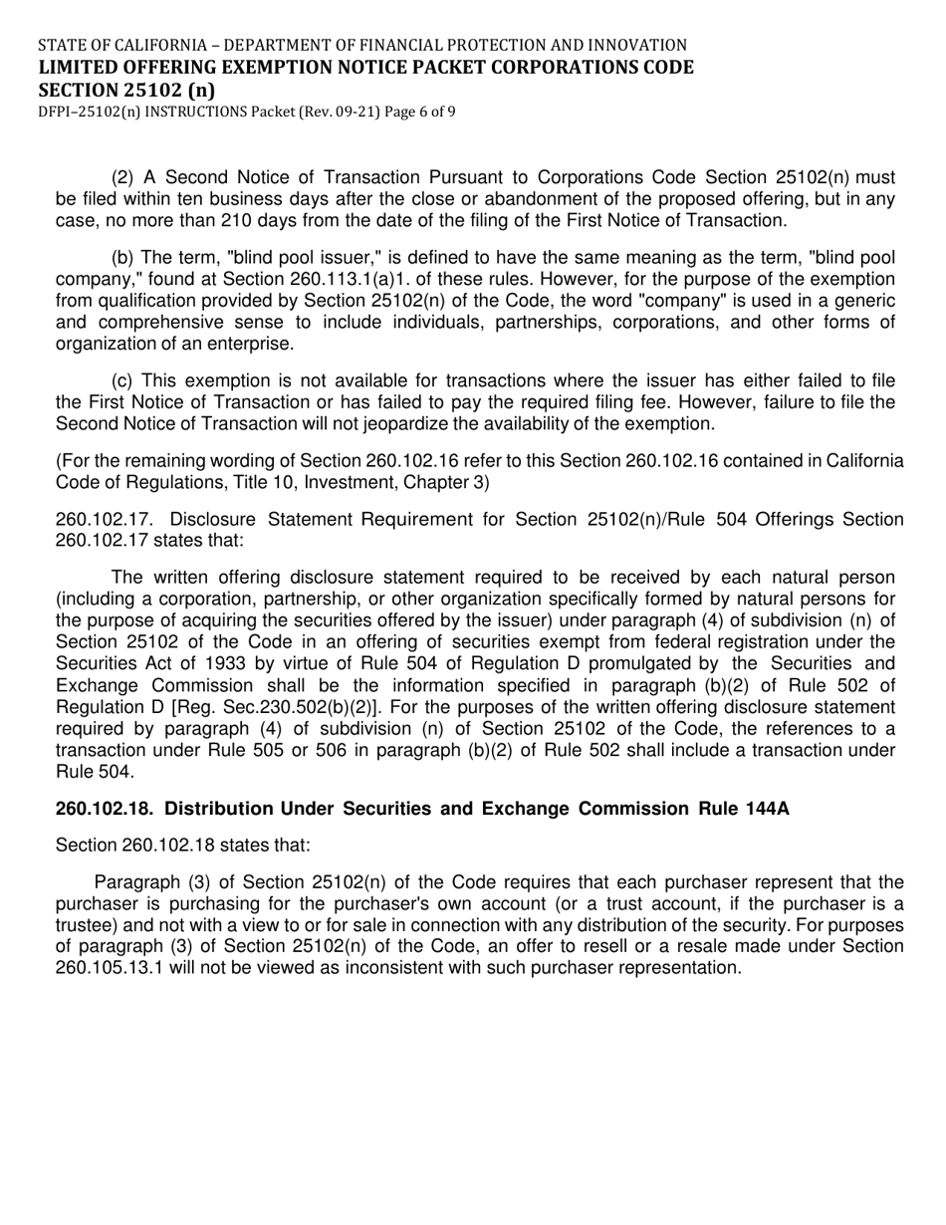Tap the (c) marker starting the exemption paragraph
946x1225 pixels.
tap(123, 380)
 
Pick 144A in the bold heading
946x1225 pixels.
tap(767, 809)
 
